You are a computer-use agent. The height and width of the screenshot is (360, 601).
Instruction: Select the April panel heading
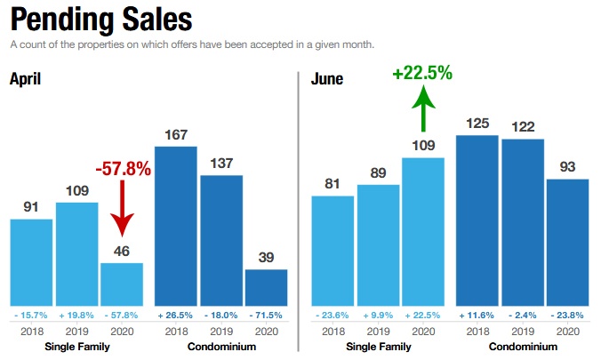click(26, 79)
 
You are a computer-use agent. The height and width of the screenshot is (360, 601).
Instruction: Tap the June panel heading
click(328, 79)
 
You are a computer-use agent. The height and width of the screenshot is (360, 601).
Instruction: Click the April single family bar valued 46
click(121, 283)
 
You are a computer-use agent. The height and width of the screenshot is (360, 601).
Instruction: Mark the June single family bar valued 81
click(333, 250)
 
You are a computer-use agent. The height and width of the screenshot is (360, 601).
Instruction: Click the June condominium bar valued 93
click(567, 241)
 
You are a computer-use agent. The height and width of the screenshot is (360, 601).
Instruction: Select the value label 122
click(523, 127)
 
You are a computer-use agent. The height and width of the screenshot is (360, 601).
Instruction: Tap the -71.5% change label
click(266, 315)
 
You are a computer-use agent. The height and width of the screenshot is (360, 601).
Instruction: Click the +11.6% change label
click(477, 315)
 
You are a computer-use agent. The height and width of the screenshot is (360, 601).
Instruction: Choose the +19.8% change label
click(76, 315)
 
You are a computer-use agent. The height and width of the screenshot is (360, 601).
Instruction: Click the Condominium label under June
click(522, 347)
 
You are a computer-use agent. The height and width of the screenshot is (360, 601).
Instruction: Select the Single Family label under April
click(76, 347)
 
